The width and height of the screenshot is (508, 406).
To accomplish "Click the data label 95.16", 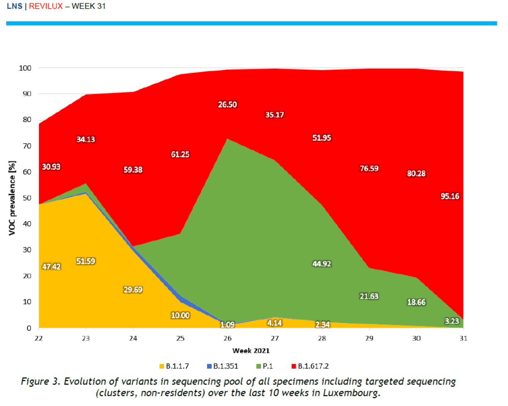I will pos(451,196).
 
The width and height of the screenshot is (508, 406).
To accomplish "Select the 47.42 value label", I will pos(51,267).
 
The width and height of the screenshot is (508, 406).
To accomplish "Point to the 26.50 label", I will pos(227,105).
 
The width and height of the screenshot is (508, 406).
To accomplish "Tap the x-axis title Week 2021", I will pos(251,350).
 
